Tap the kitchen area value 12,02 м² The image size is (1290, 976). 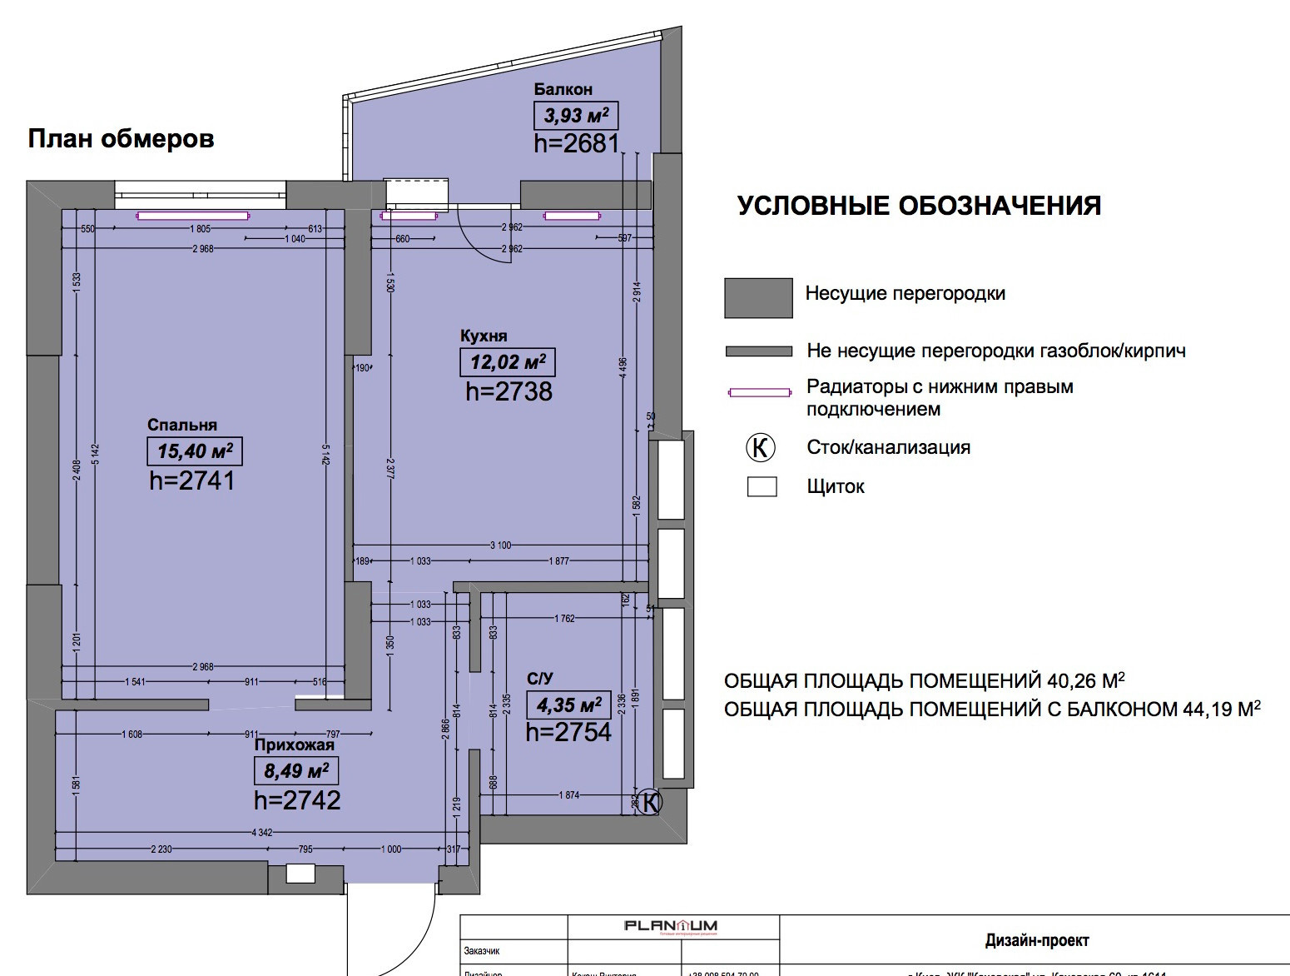pyautogui.click(x=508, y=362)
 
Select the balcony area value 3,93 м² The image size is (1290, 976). pyautogui.click(x=576, y=115)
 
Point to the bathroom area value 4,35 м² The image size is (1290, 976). pyautogui.click(x=569, y=705)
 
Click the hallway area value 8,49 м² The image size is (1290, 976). pyautogui.click(x=296, y=770)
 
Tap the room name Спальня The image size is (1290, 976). pyautogui.click(x=182, y=425)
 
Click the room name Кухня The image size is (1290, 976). pyautogui.click(x=484, y=336)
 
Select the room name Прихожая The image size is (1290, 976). pyautogui.click(x=294, y=745)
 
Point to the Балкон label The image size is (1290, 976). pyautogui.click(x=563, y=89)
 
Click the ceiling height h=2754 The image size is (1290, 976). pyautogui.click(x=568, y=732)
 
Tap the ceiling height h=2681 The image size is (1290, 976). pyautogui.click(x=577, y=143)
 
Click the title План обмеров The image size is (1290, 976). pyautogui.click(x=122, y=138)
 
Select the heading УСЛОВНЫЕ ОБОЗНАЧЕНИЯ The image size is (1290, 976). pyautogui.click(x=919, y=206)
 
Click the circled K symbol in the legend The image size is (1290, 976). pyautogui.click(x=760, y=447)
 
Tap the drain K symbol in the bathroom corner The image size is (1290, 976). pyautogui.click(x=652, y=802)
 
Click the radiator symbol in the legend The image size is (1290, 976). pyautogui.click(x=759, y=392)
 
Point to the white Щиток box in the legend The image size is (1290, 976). pyautogui.click(x=762, y=486)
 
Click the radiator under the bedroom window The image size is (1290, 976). pyautogui.click(x=193, y=217)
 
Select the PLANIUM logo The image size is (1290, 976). pyautogui.click(x=671, y=926)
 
